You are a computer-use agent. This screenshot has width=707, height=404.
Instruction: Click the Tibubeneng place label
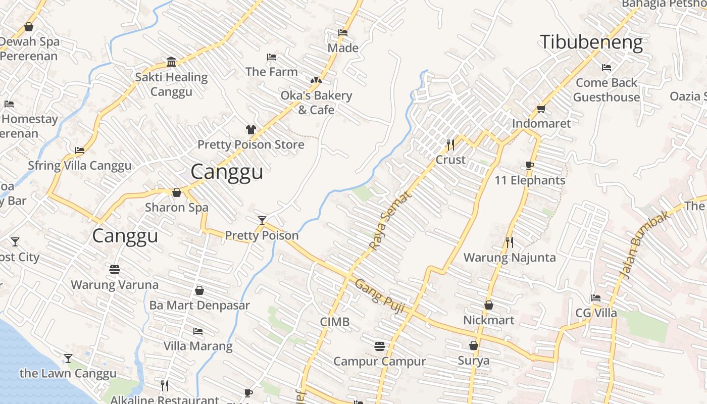[591, 42]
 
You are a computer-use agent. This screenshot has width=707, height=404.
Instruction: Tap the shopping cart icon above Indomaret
[541, 109]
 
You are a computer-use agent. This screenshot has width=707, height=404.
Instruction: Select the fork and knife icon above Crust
[450, 145]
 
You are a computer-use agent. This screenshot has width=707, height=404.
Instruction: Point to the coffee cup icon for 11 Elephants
[529, 165]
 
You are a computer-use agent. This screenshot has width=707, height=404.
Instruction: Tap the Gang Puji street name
[380, 296]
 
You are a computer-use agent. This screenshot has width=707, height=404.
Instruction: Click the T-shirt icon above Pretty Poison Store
[250, 130]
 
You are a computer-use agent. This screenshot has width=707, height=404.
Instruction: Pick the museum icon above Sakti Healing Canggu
[171, 62]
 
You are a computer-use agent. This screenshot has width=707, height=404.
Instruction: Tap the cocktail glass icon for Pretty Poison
[262, 220]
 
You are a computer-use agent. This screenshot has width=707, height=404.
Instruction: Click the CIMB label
[335, 322]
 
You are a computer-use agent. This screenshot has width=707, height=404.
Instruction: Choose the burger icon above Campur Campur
[380, 346]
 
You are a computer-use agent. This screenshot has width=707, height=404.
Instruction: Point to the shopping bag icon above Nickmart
[488, 305]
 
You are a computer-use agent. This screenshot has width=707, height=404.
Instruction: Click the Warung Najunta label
[510, 258]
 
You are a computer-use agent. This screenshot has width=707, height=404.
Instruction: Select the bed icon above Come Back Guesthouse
[607, 67]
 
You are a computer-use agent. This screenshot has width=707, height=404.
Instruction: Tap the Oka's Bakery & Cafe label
[316, 103]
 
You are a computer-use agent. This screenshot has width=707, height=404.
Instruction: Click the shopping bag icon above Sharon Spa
[177, 192]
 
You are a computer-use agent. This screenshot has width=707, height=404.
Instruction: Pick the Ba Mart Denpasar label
[199, 306]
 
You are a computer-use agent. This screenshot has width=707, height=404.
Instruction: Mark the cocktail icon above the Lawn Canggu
[68, 359]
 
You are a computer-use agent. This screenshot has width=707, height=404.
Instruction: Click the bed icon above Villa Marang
[198, 331]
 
